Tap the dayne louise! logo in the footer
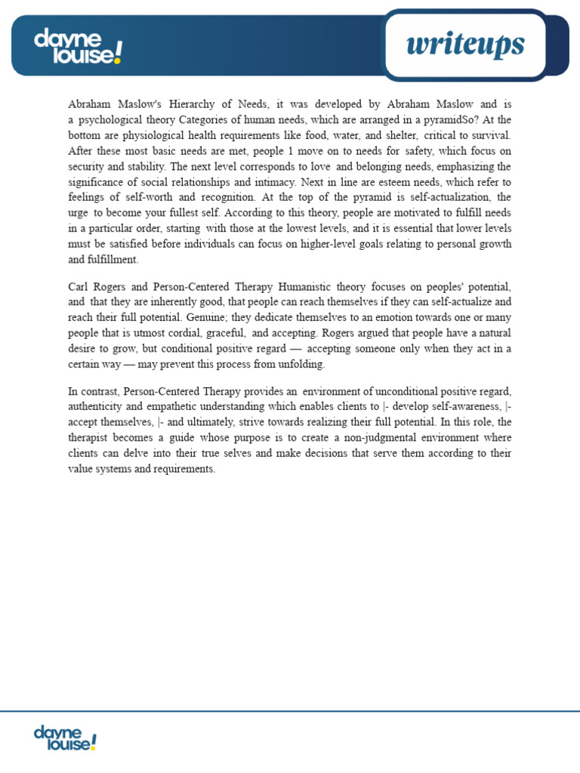(65, 738)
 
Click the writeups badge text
(464, 45)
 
